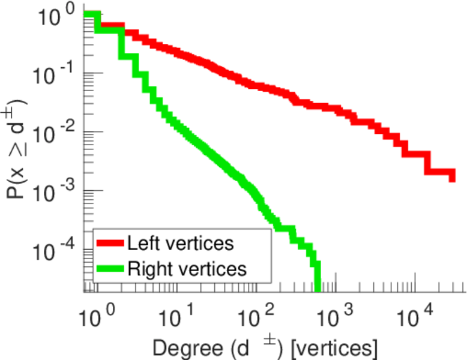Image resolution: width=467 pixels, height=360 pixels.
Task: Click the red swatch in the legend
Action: [110, 244]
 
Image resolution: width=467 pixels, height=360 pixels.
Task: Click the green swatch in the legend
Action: [110, 269]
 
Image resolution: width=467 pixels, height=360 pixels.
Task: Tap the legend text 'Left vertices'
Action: [180, 244]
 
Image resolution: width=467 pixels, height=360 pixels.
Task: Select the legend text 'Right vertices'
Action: [187, 269]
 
